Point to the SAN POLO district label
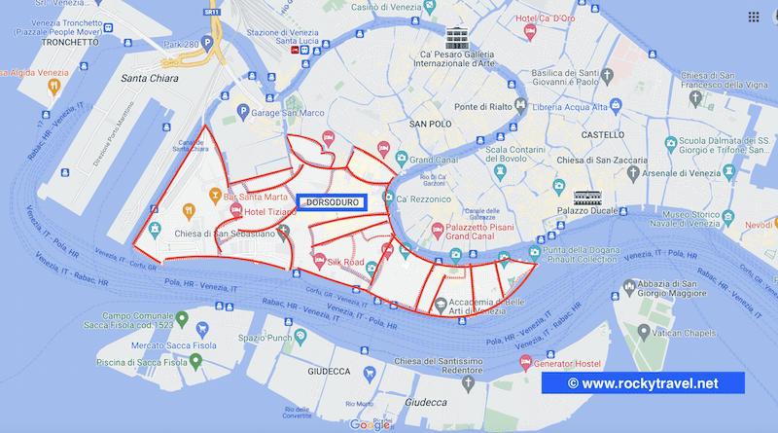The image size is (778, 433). [431, 125]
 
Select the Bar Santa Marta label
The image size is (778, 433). [254, 197]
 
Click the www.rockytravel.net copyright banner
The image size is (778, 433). [643, 383]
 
